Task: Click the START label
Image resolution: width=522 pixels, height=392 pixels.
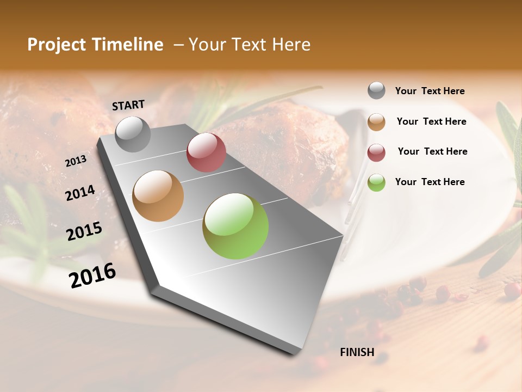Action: (128, 105)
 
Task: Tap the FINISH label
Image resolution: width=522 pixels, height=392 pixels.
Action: (357, 352)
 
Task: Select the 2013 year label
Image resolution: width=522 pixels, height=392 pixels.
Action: (76, 161)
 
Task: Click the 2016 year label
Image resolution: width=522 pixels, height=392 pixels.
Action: (92, 275)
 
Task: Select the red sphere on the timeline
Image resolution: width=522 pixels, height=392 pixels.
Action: (206, 152)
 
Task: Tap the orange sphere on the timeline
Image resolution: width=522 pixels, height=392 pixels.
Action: (158, 196)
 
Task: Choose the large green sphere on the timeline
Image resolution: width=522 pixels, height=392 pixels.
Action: (235, 226)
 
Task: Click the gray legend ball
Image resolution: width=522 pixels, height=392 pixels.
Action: (376, 90)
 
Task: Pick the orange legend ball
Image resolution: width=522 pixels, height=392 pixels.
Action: (376, 121)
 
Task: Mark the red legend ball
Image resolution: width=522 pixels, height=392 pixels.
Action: (376, 152)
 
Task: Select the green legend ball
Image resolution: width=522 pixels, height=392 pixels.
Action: (376, 182)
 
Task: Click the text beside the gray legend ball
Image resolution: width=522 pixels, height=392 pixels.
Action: (430, 91)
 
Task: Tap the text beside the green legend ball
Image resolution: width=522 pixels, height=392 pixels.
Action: (430, 182)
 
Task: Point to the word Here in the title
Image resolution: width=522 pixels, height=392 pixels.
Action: (291, 45)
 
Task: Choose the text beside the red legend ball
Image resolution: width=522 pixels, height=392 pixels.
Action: (432, 151)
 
